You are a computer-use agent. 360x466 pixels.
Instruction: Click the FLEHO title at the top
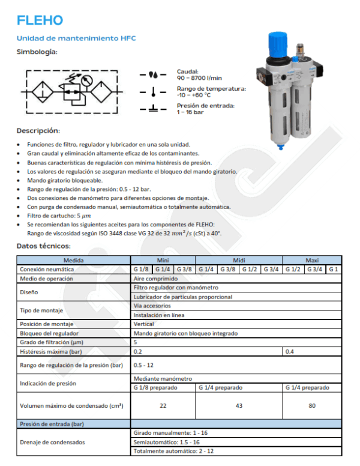click(40, 21)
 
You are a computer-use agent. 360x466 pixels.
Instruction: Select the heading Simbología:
click(37, 52)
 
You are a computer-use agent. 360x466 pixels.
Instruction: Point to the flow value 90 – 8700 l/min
click(199, 78)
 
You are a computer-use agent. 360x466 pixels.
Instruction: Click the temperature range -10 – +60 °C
click(194, 95)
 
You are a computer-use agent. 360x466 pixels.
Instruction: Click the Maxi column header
click(312, 261)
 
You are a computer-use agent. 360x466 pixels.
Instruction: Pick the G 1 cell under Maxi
click(334, 269)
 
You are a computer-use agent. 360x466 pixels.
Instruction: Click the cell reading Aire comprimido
click(154, 279)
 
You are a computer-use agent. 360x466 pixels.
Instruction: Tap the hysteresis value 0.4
click(290, 351)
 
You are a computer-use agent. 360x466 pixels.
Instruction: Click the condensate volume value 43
click(239, 406)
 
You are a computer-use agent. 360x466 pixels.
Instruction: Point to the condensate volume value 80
click(312, 406)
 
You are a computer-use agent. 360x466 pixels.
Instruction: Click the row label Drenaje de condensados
click(53, 442)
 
